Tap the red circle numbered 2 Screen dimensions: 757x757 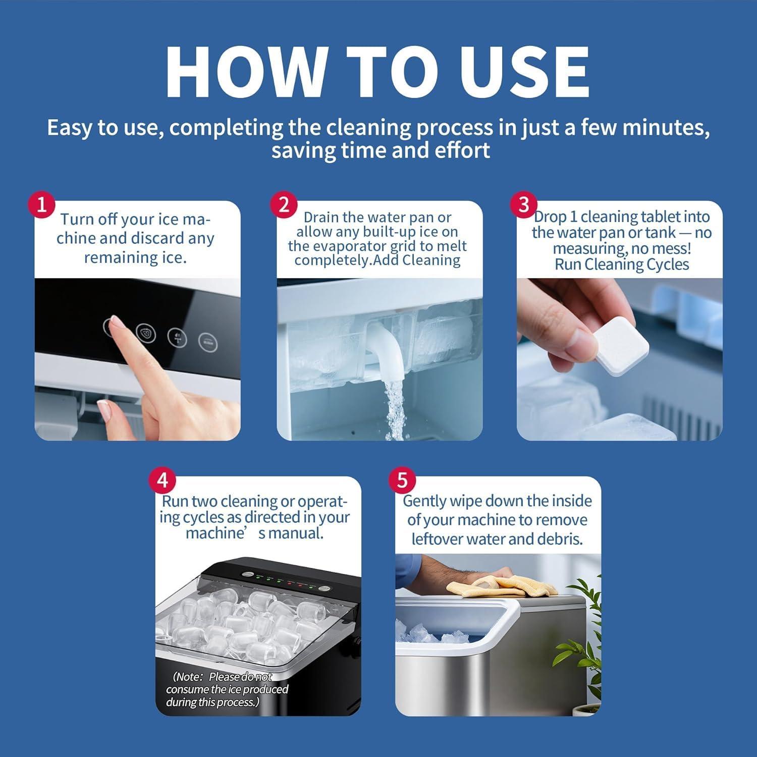pyautogui.click(x=284, y=205)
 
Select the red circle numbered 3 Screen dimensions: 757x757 pyautogui.click(x=524, y=205)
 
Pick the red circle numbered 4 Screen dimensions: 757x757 pyautogui.click(x=163, y=480)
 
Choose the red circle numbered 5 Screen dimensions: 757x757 pyautogui.click(x=402, y=480)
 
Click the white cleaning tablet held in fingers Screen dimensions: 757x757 pyautogui.click(x=614, y=346)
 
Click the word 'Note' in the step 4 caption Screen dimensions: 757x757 pyautogui.click(x=189, y=677)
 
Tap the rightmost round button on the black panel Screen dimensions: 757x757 pyautogui.click(x=207, y=342)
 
